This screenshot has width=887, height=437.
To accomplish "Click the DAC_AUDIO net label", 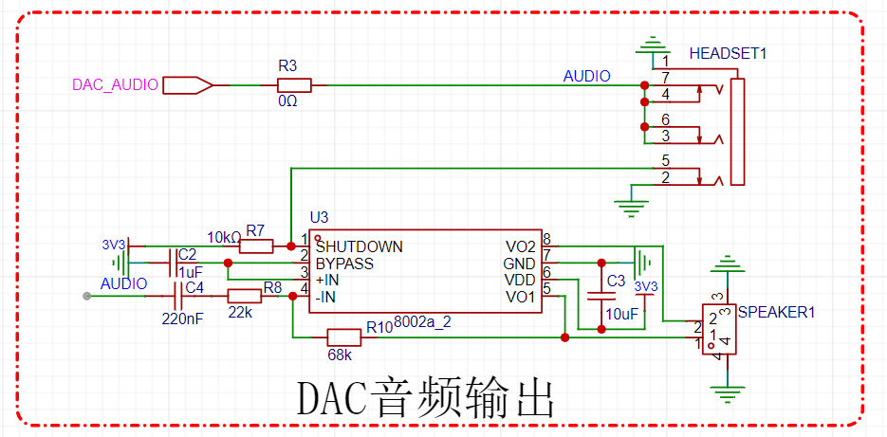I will point(115,84).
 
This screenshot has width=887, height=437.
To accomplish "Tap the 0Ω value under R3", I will point(287,101).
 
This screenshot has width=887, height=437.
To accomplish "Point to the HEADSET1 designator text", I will point(727,53).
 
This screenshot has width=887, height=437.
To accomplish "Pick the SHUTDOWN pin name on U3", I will point(359,246).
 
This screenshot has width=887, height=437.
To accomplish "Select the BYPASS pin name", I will point(344,264).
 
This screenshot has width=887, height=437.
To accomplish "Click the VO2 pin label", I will point(521,246).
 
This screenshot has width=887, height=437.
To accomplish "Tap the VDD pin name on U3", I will point(521,281).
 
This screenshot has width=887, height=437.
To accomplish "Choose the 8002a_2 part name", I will point(421,322).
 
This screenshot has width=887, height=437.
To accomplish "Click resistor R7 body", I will point(256,246).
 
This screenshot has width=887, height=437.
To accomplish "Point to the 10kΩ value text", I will point(224,236).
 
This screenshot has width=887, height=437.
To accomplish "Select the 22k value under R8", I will point(241,312).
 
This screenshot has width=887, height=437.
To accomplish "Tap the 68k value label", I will point(340,355).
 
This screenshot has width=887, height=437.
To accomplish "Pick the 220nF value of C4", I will point(182,319).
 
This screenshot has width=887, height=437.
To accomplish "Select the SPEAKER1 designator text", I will point(776,311).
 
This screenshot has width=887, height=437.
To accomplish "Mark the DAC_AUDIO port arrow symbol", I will point(187,85).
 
